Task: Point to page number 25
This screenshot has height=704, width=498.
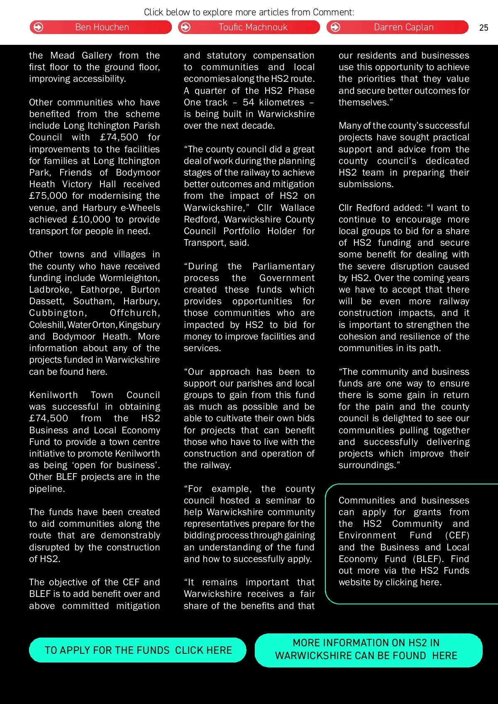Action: click(x=483, y=28)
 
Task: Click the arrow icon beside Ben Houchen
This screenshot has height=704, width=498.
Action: click(x=38, y=27)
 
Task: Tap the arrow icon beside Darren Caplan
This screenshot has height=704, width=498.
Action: click(x=335, y=27)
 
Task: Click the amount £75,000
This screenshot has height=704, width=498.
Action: click(x=48, y=196)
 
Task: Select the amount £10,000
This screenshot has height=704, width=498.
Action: click(x=91, y=220)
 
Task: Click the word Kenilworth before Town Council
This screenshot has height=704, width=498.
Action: click(x=53, y=395)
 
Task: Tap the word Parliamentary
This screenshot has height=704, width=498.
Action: click(x=283, y=266)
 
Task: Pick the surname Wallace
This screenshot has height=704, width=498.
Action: click(x=298, y=208)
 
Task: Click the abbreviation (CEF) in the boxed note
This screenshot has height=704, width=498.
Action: click(x=457, y=535)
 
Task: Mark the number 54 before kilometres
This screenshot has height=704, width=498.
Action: click(x=248, y=103)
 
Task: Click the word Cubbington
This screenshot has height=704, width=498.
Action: click(x=58, y=313)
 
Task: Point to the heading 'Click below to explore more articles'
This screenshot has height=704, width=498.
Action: click(x=249, y=12)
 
